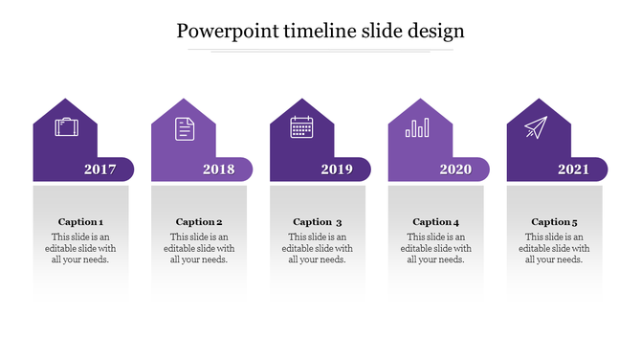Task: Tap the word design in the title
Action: click(432, 31)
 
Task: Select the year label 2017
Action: click(100, 169)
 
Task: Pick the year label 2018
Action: click(219, 169)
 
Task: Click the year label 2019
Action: click(337, 169)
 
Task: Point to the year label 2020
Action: click(455, 169)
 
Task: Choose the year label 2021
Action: click(574, 169)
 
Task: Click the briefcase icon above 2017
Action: click(66, 126)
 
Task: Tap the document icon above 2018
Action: click(185, 128)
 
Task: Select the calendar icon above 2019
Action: click(302, 126)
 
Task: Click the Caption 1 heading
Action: click(80, 222)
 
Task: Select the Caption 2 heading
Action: click(199, 222)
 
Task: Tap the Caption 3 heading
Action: click(318, 222)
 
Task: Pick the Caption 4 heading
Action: click(435, 222)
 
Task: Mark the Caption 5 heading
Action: click(554, 222)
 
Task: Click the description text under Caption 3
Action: click(318, 248)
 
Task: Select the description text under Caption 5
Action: click(554, 248)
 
